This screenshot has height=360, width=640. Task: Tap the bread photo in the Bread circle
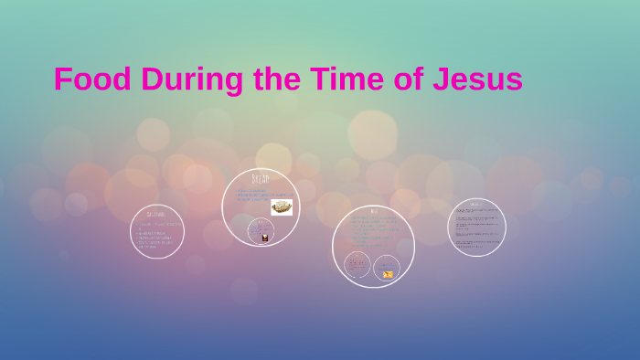pos(282,206)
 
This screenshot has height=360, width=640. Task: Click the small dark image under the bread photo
pos(265,238)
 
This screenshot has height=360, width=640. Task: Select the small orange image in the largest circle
pos(388,274)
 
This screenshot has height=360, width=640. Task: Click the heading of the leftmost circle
pos(156,214)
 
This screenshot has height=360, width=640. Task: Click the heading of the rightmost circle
pos(476,205)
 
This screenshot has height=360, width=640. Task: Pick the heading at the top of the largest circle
pos(373,211)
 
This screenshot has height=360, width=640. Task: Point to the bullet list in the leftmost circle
pos(156,235)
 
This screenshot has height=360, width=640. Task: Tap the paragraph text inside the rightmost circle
pos(476,228)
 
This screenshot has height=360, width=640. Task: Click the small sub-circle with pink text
pos(357,265)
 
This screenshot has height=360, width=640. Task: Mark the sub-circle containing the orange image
pos(387,268)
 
